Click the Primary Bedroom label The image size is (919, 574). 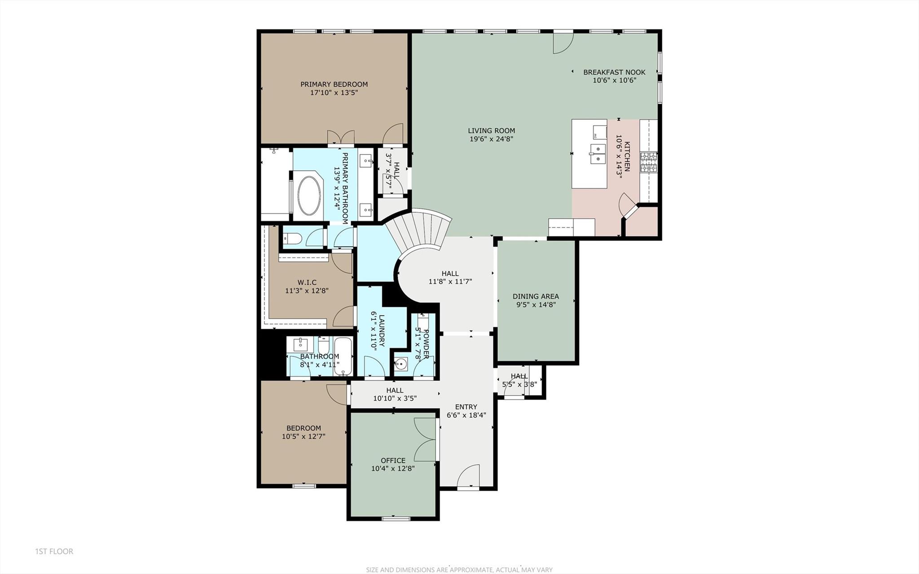coord(334,84)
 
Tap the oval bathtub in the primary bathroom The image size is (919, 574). coord(309,195)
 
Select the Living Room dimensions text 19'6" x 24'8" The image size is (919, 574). coord(491,139)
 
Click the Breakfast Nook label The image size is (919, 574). coord(614,72)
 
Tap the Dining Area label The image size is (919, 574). coord(536,296)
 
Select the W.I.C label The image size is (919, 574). coord(307,283)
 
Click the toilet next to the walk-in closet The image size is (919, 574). coord(292,239)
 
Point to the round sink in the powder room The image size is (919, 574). coord(401,364)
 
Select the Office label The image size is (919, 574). coord(393,460)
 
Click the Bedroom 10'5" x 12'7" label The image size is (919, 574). coord(303,428)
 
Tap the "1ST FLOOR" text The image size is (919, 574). coord(54,551)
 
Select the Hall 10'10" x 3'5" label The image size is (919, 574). coord(395,390)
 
